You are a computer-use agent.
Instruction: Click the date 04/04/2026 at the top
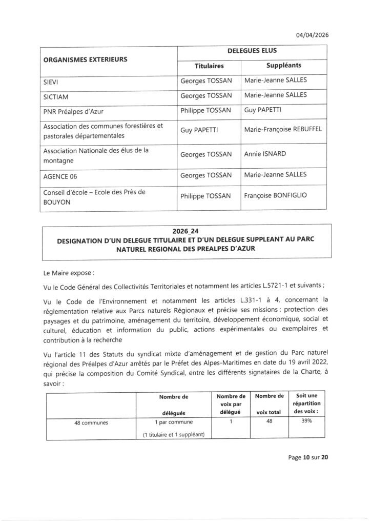click(312, 35)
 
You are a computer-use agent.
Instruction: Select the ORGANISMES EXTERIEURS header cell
click(85, 59)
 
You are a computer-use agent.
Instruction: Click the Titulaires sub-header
click(209, 66)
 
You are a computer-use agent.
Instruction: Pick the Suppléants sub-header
click(283, 66)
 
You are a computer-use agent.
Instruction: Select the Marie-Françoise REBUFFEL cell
click(283, 130)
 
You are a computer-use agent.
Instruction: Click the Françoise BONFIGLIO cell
click(276, 196)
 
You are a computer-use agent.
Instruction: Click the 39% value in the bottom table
click(307, 423)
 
